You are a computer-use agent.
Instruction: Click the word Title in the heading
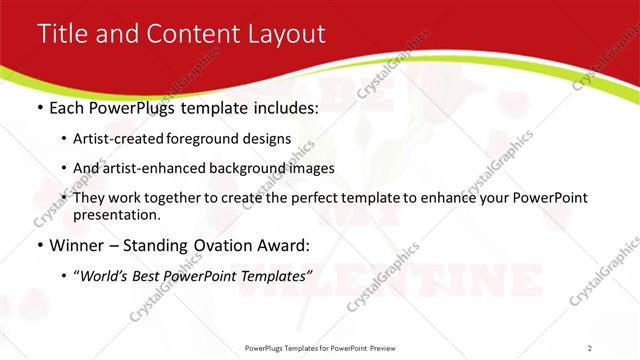61,34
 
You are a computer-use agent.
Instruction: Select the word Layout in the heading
285,34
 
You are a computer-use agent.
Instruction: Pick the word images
306,168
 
